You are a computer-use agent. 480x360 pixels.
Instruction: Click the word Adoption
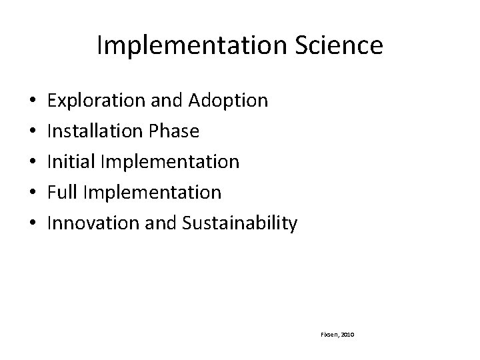coord(228,101)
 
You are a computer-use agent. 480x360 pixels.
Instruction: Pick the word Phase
coord(171,131)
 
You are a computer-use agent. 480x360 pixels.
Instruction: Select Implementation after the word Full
coord(150,193)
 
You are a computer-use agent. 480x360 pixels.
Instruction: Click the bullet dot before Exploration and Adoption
coord(33,101)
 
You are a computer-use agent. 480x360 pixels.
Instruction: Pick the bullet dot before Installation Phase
coord(33,132)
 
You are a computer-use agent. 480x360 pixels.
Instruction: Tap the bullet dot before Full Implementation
coord(33,193)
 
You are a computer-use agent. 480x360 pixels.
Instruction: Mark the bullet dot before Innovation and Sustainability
coord(33,224)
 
